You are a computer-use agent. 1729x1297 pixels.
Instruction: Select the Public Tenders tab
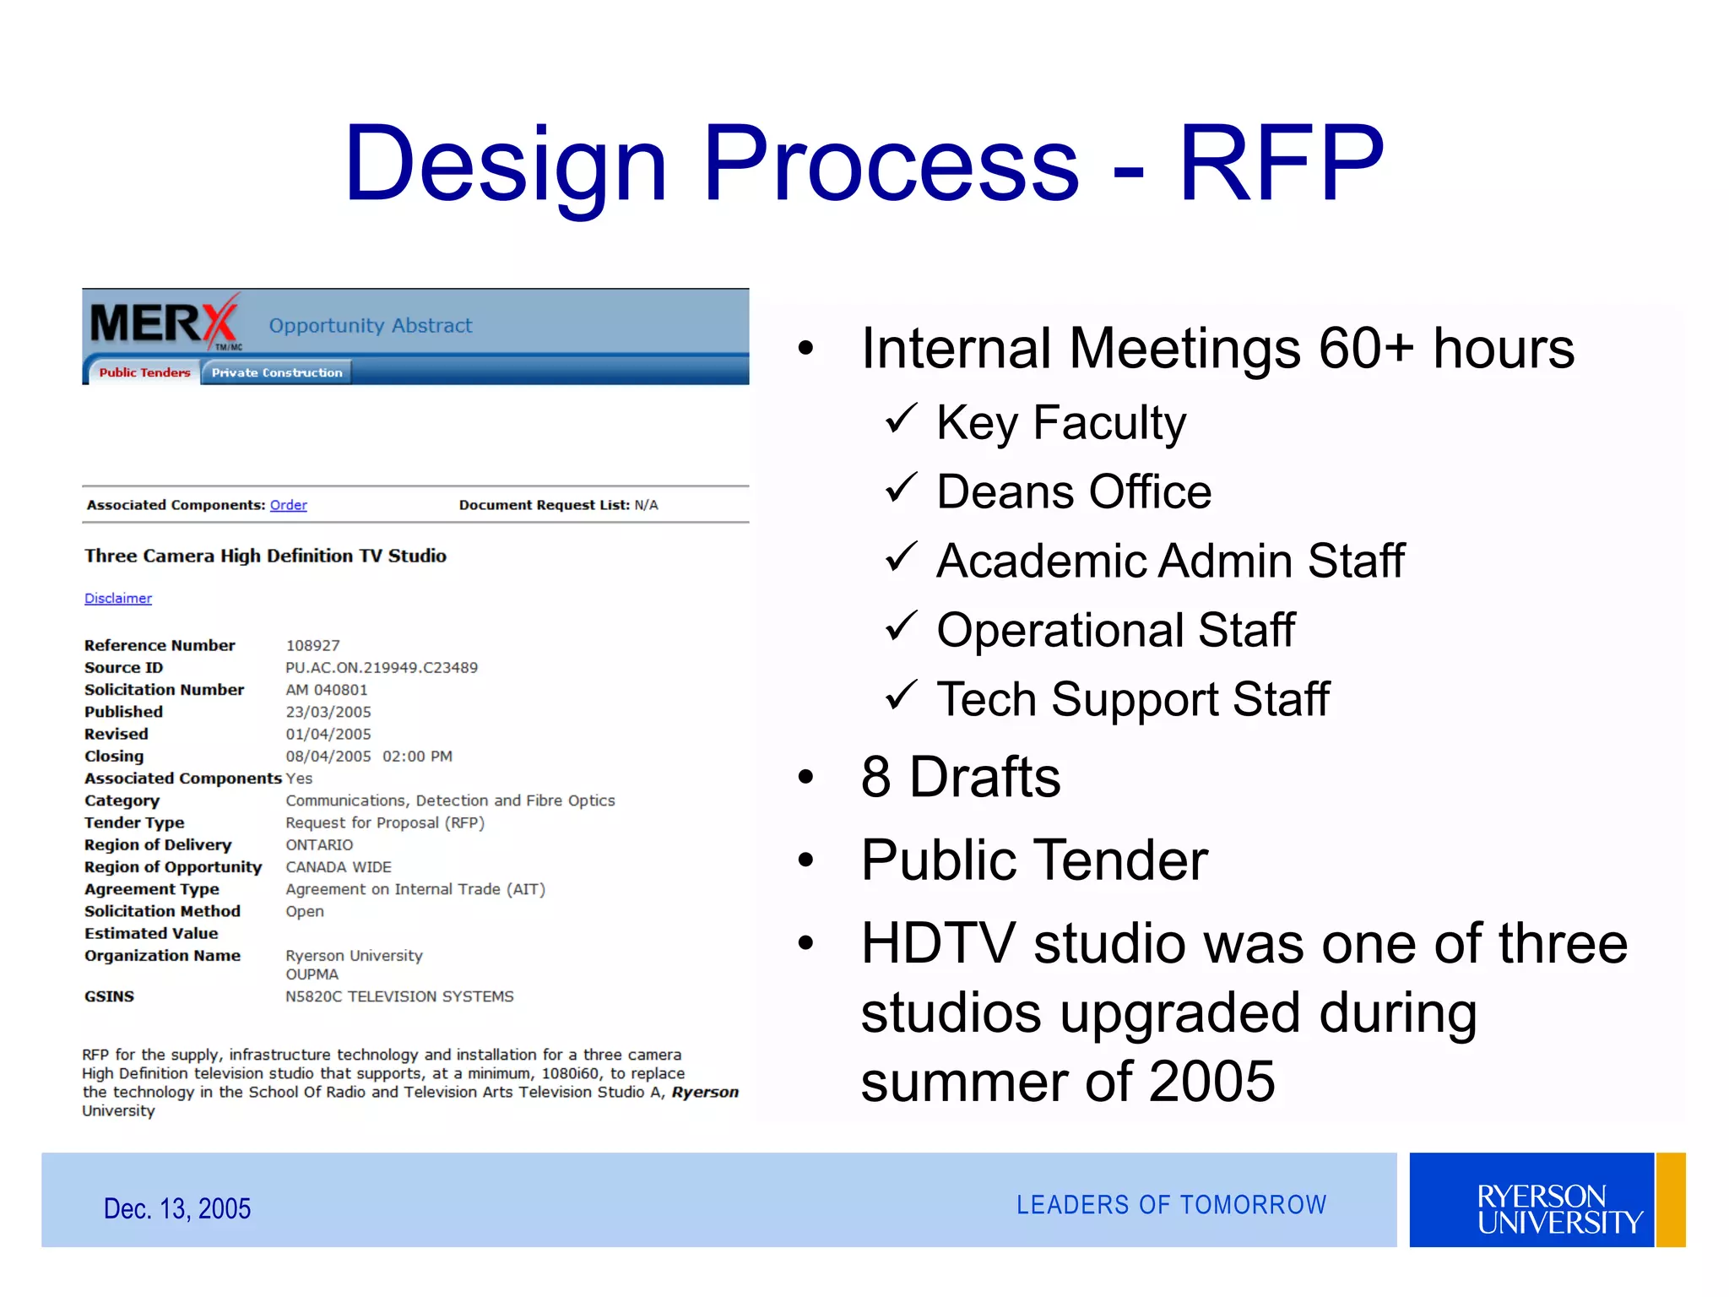click(x=144, y=372)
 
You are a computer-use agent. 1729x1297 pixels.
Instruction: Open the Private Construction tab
click(x=276, y=372)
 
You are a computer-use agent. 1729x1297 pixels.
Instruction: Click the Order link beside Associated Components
click(x=288, y=505)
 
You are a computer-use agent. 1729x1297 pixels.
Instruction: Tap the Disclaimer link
click(x=118, y=599)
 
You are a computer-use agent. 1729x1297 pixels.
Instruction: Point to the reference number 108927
click(x=312, y=646)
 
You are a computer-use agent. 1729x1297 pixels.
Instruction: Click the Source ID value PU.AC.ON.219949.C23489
click(x=382, y=668)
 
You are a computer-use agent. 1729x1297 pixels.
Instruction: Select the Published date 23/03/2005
click(x=328, y=712)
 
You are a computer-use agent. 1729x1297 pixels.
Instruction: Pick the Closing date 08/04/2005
click(x=328, y=757)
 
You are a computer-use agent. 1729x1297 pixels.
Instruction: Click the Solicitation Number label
click(x=164, y=690)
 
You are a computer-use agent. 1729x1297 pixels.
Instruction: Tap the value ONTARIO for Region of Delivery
click(x=319, y=845)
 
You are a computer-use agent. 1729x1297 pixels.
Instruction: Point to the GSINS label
click(x=109, y=996)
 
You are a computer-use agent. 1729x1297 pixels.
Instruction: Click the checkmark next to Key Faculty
click(x=901, y=419)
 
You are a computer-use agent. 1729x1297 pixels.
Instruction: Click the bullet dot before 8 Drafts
click(x=806, y=777)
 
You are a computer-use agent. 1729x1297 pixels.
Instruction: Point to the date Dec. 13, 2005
click(x=176, y=1208)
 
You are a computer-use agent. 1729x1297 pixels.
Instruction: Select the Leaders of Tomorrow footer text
click(x=1171, y=1205)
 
